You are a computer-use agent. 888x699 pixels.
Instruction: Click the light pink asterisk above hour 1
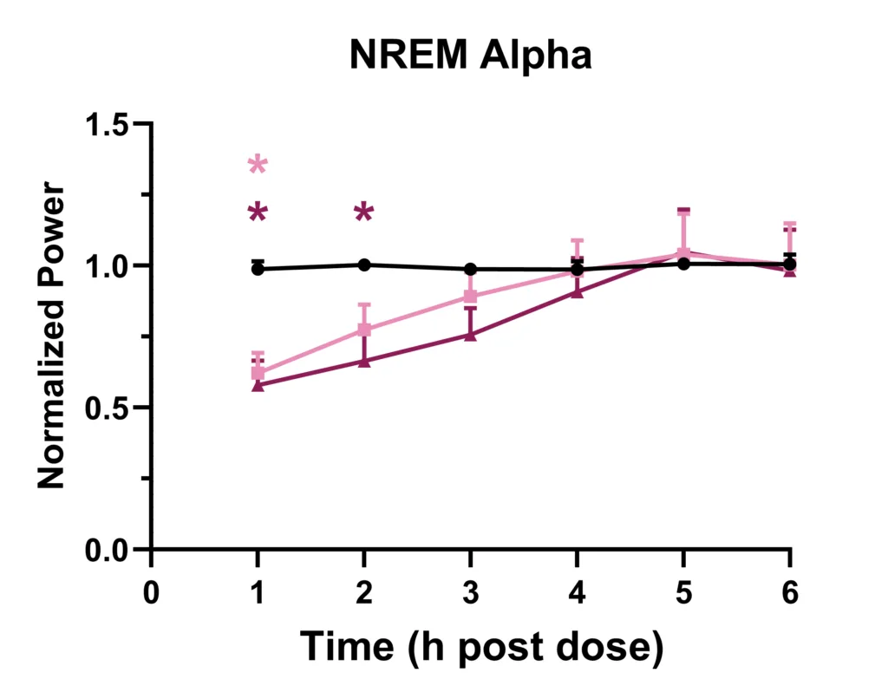pos(258,165)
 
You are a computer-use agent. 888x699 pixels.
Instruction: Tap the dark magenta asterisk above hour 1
pos(258,212)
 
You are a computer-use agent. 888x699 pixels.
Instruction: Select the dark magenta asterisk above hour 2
pos(364,212)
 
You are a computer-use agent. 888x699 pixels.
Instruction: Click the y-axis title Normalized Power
pos(52,336)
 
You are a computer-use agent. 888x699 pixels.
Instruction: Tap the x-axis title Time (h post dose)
pos(481,647)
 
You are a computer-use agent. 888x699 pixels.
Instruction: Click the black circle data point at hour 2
pos(364,265)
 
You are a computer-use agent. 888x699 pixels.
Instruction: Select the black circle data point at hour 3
pos(471,269)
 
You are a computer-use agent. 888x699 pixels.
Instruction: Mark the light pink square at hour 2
pos(364,330)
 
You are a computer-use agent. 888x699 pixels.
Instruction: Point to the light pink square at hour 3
pos(471,297)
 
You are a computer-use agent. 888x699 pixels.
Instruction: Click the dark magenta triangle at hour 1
pos(258,384)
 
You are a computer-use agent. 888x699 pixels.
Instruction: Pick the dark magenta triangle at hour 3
pos(471,335)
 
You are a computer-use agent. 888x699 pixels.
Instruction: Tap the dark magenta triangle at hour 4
pos(578,291)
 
